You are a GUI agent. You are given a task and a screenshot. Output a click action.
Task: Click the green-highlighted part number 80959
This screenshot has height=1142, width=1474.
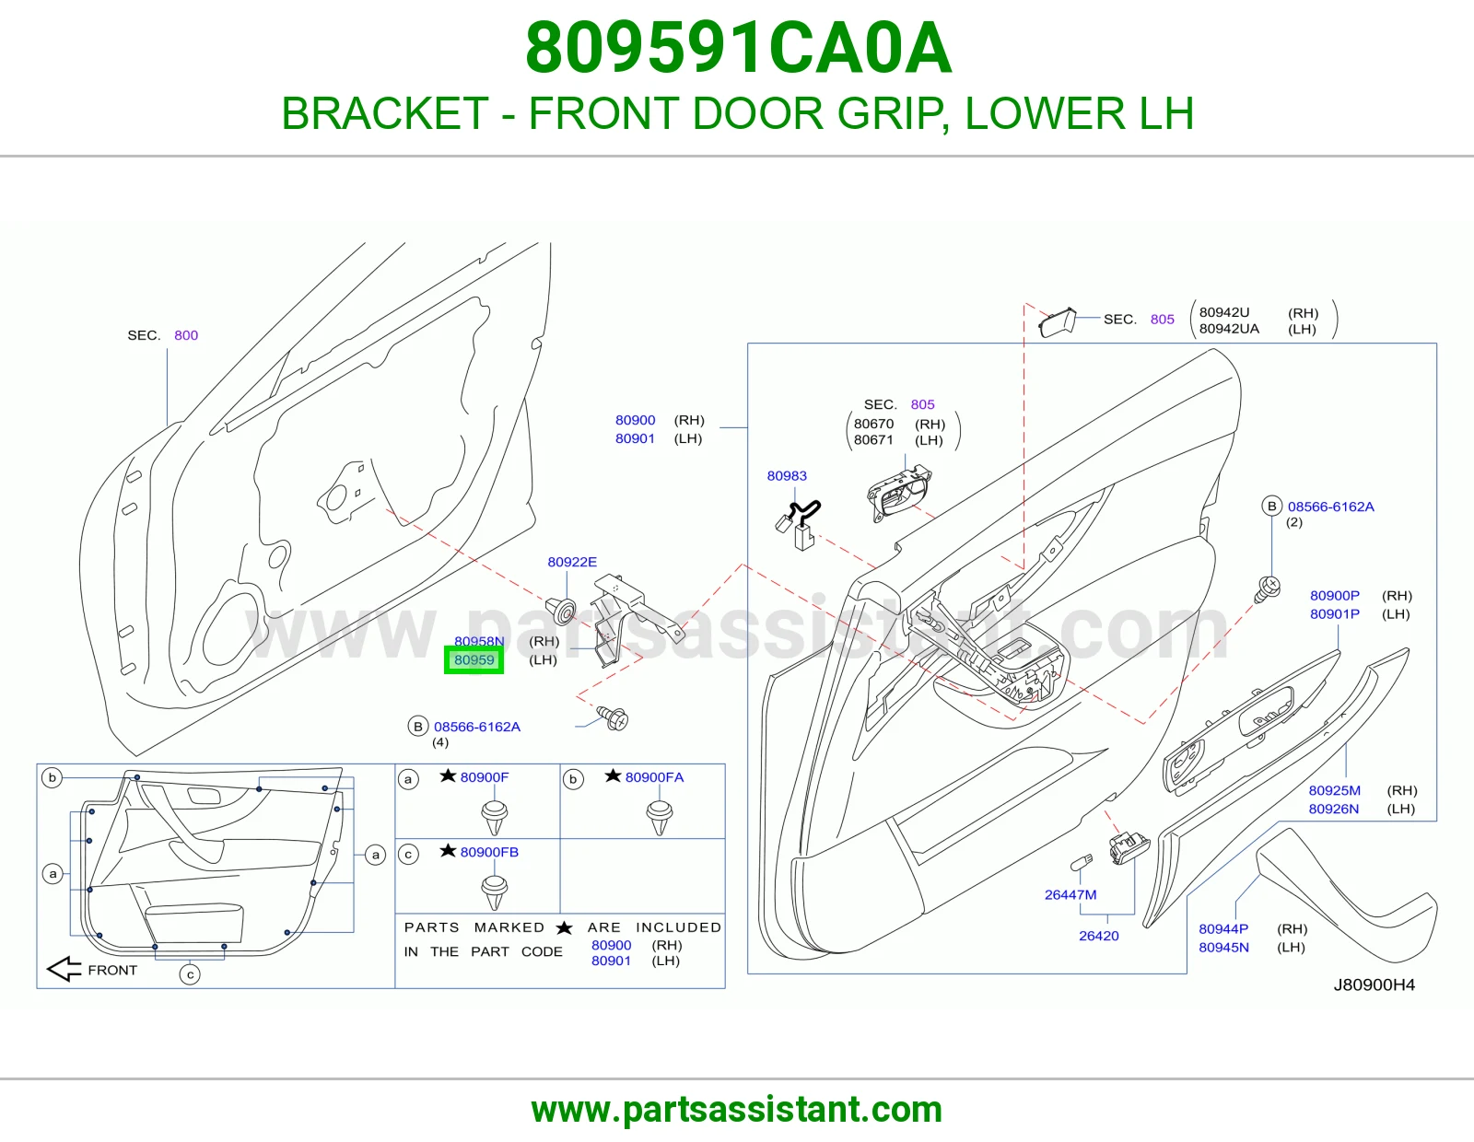pyautogui.click(x=474, y=659)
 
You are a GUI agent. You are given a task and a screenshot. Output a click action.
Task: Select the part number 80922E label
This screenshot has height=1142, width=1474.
pyautogui.click(x=572, y=562)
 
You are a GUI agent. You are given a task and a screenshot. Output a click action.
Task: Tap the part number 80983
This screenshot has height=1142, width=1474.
pyautogui.click(x=787, y=475)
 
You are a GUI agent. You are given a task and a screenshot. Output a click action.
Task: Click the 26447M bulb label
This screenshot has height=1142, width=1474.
pyautogui.click(x=1070, y=894)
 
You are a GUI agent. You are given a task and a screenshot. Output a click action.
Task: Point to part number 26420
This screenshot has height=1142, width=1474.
pyautogui.click(x=1099, y=936)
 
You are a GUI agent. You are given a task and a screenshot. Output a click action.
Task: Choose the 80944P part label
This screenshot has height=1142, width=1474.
pyautogui.click(x=1223, y=929)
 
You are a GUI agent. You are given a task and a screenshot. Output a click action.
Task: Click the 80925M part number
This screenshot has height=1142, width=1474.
pyautogui.click(x=1334, y=791)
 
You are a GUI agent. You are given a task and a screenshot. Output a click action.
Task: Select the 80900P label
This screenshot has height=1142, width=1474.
pyautogui.click(x=1334, y=596)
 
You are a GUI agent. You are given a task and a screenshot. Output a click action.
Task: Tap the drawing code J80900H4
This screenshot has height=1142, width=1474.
pyautogui.click(x=1375, y=985)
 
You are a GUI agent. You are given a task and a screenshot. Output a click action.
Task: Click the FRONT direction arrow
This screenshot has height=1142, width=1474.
pyautogui.click(x=64, y=969)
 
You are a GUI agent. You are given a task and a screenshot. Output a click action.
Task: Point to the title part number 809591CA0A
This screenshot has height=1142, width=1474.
pyautogui.click(x=738, y=48)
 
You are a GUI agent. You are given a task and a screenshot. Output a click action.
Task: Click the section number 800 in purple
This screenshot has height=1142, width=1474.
pyautogui.click(x=186, y=335)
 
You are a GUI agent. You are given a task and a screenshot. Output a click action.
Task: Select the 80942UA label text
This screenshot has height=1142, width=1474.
pyautogui.click(x=1229, y=329)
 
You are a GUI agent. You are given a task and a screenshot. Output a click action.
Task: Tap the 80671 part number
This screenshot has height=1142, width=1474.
pyautogui.click(x=873, y=440)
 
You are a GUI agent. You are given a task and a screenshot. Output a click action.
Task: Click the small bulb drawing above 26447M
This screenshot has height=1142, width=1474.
pyautogui.click(x=1082, y=863)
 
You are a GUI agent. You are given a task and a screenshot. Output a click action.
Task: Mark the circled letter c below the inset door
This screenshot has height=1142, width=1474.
pyautogui.click(x=190, y=974)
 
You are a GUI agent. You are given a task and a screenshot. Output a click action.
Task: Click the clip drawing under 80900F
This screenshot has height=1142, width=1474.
pyautogui.click(x=495, y=817)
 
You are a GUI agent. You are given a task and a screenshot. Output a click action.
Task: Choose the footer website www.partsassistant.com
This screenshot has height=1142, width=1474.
pyautogui.click(x=737, y=1110)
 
